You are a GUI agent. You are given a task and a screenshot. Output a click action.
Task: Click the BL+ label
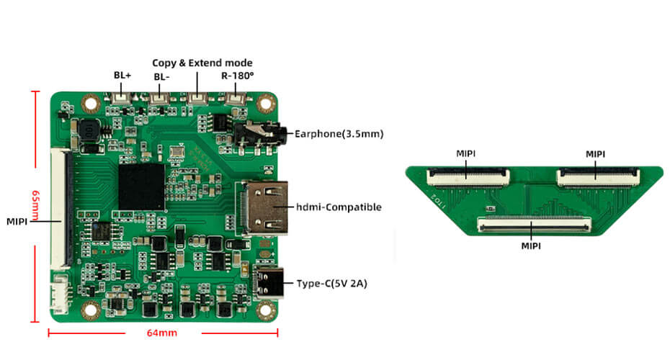pyautogui.click(x=122, y=75)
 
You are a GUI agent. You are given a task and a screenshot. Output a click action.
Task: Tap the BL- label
pyautogui.click(x=163, y=77)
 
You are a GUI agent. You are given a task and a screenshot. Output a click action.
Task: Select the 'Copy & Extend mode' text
pyautogui.click(x=202, y=63)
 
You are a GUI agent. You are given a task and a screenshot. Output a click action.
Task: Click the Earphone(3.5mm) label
pyautogui.click(x=339, y=133)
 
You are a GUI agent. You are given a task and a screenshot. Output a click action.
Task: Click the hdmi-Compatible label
pyautogui.click(x=339, y=207)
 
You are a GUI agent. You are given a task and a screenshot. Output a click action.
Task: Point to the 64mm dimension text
pyautogui.click(x=162, y=333)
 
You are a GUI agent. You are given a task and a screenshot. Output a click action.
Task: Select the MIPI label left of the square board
pyautogui.click(x=17, y=220)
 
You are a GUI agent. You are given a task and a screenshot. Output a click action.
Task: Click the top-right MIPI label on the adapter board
pyautogui.click(x=596, y=153)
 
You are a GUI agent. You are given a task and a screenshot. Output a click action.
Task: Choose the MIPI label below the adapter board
pyautogui.click(x=530, y=246)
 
